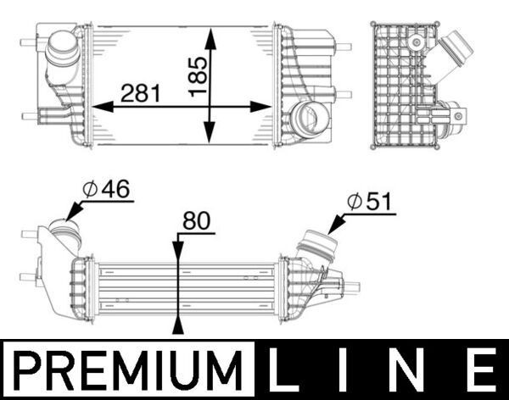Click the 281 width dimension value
click(x=141, y=92)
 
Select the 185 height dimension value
click(x=197, y=68)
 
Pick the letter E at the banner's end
click(x=480, y=370)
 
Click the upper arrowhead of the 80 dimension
click(x=177, y=252)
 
